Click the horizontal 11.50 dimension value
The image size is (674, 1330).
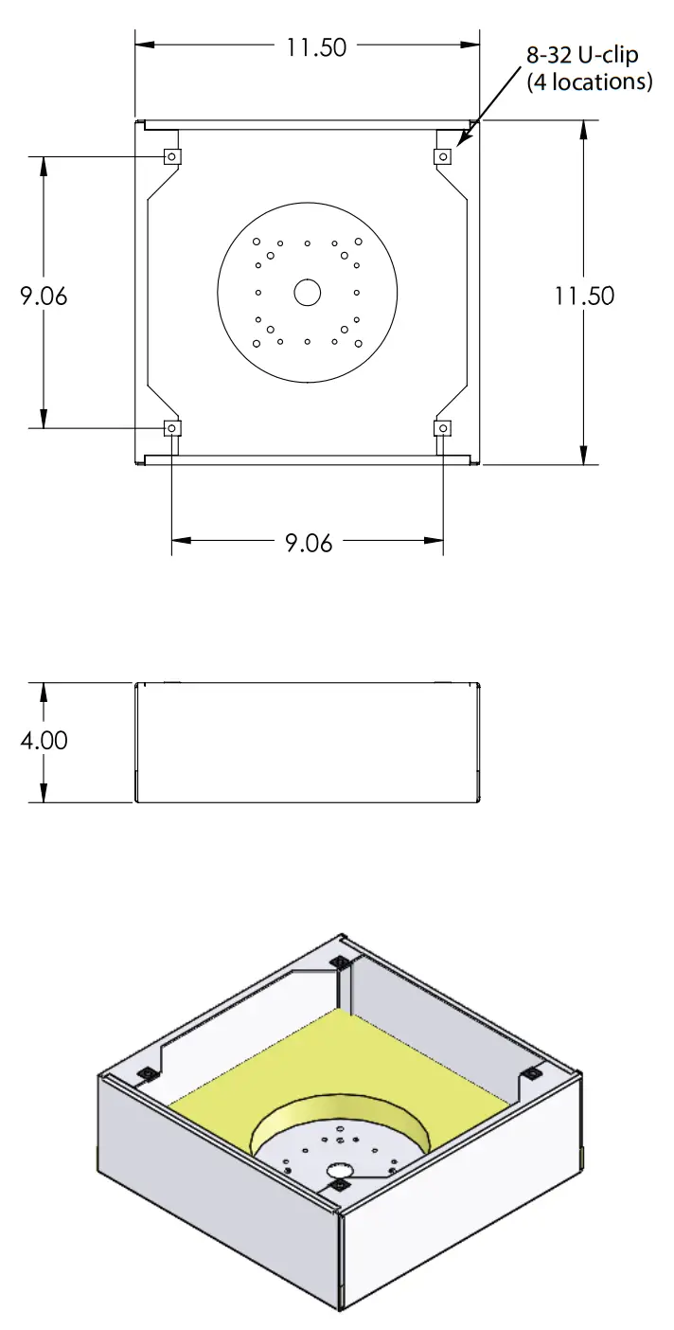(x=317, y=46)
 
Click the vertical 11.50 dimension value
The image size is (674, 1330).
(x=584, y=296)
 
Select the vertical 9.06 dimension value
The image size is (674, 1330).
(x=44, y=296)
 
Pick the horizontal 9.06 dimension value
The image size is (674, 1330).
(x=309, y=543)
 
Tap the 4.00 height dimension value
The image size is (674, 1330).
(x=44, y=740)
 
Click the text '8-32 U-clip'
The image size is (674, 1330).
(x=582, y=56)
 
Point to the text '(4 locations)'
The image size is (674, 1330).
(x=589, y=82)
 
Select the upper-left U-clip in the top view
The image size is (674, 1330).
(x=172, y=156)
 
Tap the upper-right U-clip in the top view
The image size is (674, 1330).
(x=442, y=156)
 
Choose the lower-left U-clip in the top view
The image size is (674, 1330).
(x=172, y=428)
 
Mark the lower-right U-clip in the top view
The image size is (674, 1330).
(x=442, y=428)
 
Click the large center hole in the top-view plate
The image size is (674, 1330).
(x=307, y=294)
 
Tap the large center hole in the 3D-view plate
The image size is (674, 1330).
(x=338, y=1171)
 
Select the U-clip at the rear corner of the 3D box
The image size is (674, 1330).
(x=339, y=963)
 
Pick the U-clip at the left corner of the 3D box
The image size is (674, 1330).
(x=147, y=1073)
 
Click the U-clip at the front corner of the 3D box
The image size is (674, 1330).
(x=339, y=1185)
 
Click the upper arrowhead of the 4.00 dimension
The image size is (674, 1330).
(x=44, y=691)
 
